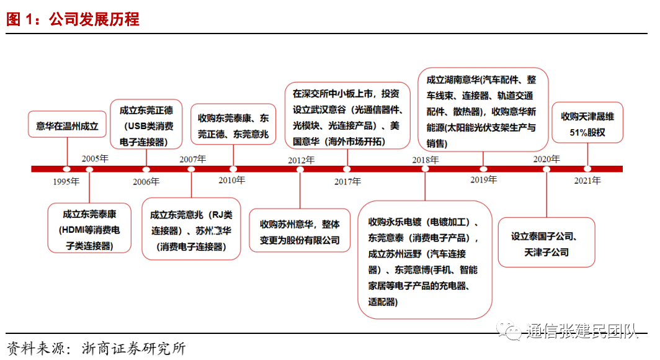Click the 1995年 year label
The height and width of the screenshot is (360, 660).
tap(66, 182)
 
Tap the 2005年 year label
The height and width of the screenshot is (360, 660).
tap(95, 158)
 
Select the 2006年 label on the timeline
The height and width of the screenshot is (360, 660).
tap(146, 182)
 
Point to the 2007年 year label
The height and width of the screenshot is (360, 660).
tap(193, 159)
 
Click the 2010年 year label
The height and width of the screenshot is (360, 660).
tap(231, 181)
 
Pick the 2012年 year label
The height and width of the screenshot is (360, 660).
tap(301, 160)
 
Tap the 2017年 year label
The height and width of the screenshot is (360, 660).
tap(347, 182)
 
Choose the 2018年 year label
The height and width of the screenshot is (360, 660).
tap(426, 160)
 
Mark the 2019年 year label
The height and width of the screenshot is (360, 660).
tap(483, 180)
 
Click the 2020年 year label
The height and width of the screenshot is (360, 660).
tap(546, 159)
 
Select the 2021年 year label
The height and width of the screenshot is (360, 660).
tap(587, 181)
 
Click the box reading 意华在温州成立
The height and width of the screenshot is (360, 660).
tap(67, 126)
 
